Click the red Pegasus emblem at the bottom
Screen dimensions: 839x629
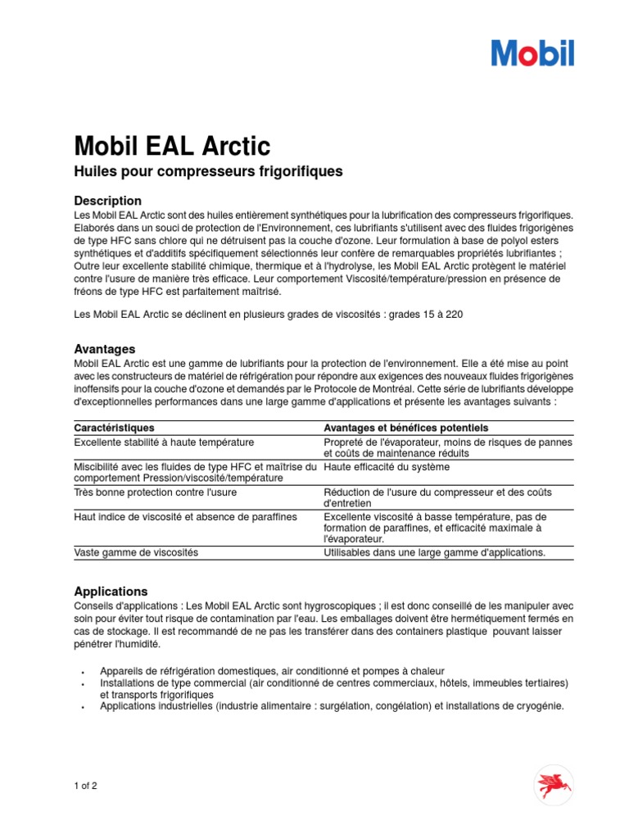(554, 784)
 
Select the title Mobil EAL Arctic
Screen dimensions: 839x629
(172, 147)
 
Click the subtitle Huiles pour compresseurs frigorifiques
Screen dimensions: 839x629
(208, 172)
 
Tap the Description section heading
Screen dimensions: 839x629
(107, 201)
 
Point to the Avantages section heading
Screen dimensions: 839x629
(105, 349)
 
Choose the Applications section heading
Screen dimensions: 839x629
(111, 591)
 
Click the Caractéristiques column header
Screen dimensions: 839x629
(114, 428)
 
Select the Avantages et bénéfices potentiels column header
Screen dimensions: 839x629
(405, 428)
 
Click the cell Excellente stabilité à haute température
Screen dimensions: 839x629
(164, 442)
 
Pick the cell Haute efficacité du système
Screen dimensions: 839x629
(387, 467)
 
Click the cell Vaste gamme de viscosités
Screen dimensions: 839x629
(136, 552)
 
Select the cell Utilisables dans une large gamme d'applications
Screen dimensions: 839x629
(434, 552)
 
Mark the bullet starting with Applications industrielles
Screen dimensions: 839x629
(332, 705)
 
